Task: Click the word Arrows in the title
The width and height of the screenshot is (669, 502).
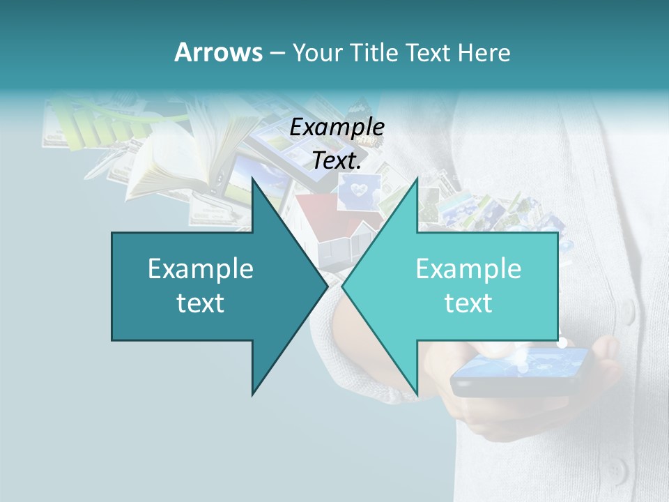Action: pos(218,52)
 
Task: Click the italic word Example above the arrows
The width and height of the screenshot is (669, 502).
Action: pos(337,127)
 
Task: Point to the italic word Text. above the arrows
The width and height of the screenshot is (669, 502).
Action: pos(337,160)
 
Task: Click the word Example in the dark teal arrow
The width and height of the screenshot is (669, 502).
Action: pos(201,268)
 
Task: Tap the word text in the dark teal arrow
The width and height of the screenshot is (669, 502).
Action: pos(201,303)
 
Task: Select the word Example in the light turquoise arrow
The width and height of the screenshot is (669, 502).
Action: pos(468,268)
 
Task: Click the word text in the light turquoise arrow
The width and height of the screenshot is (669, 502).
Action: pos(468,303)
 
